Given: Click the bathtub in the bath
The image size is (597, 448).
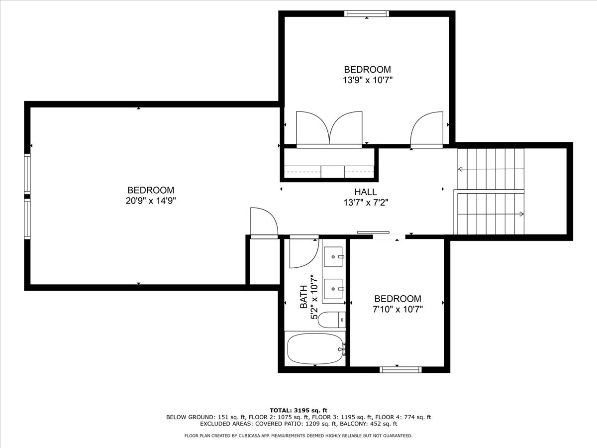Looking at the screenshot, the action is pyautogui.click(x=315, y=349).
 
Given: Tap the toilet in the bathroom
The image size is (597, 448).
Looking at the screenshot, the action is pyautogui.click(x=331, y=320).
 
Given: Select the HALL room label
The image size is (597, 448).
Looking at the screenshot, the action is pyautogui.click(x=366, y=192).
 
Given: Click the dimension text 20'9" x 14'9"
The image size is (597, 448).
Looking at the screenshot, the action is pyautogui.click(x=151, y=201).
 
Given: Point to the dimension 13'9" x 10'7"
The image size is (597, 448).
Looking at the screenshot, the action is pyautogui.click(x=368, y=80).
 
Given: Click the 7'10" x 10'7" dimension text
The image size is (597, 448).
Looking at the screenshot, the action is pyautogui.click(x=398, y=309).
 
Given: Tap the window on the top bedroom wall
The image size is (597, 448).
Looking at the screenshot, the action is pyautogui.click(x=366, y=13).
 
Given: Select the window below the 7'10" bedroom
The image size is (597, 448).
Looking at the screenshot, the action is pyautogui.click(x=400, y=370).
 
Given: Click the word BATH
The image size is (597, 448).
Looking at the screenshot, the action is pyautogui.click(x=303, y=297).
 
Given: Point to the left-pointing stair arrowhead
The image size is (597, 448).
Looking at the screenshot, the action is pyautogui.click(x=460, y=169).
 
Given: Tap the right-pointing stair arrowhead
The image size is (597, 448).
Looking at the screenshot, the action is pyautogui.click(x=522, y=214).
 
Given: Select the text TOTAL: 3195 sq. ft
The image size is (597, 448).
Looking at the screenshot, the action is pyautogui.click(x=298, y=411).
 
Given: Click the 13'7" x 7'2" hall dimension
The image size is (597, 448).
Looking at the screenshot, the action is pyautogui.click(x=366, y=203).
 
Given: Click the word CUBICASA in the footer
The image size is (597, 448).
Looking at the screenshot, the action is pyautogui.click(x=249, y=436).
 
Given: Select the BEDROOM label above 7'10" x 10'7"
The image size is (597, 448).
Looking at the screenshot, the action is pyautogui.click(x=398, y=299).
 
